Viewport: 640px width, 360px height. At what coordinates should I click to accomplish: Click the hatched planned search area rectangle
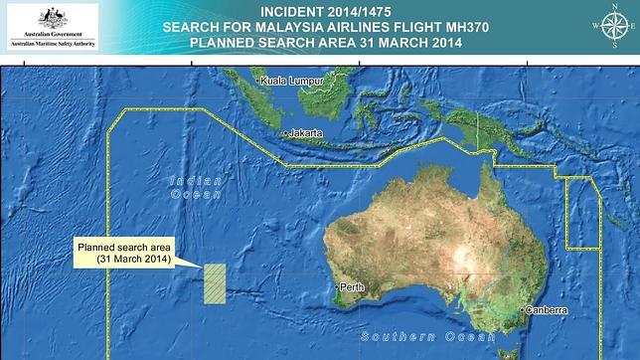[x=215, y=284]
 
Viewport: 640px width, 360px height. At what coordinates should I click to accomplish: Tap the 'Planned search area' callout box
[x=125, y=252]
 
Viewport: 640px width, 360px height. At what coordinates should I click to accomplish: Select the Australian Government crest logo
[x=53, y=17]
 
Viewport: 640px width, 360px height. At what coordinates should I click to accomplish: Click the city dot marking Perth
[x=337, y=286]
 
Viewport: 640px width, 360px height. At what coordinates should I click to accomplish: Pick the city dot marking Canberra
[x=520, y=310]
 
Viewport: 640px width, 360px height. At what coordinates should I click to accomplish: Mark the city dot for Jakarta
[x=285, y=133]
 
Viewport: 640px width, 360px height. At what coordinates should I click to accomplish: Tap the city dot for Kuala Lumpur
[x=257, y=80]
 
